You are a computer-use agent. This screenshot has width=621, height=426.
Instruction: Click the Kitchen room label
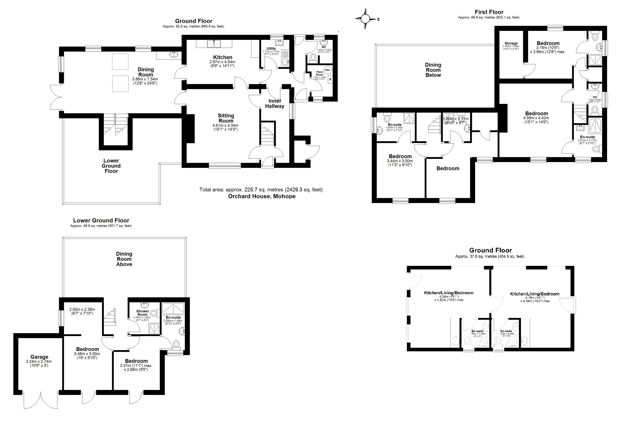223,57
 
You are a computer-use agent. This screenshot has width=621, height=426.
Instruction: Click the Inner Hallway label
275,104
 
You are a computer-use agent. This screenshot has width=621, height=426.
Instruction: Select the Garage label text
39,357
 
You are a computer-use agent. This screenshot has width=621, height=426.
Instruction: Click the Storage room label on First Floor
511,43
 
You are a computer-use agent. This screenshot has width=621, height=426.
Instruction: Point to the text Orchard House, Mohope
262,196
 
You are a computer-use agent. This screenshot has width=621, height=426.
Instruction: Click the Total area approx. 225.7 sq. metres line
261,190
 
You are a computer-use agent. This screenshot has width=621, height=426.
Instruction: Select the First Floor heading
489,12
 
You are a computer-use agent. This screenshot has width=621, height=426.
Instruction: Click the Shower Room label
142,313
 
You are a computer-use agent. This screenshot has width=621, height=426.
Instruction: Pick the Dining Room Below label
433,70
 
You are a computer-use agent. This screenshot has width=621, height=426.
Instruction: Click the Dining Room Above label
124,259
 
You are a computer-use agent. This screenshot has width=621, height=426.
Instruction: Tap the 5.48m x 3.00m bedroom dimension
87,355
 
